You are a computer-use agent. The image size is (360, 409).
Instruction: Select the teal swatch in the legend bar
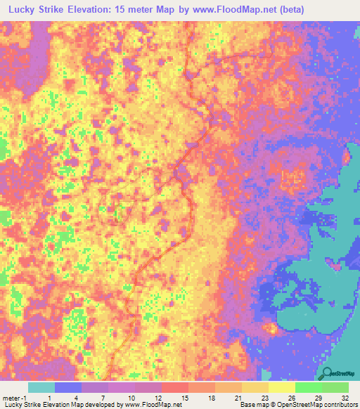[41, 387]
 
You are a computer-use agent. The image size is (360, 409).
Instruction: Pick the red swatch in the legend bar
[174, 387]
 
